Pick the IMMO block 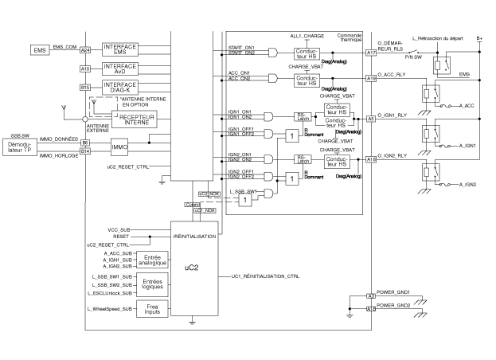(119, 147)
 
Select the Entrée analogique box (150, 259)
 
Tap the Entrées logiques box (150, 284)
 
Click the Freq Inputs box (150, 308)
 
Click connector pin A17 (371, 53)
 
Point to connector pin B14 (85, 151)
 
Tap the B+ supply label (479, 37)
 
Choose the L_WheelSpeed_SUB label (109, 308)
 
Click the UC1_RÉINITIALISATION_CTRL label (265, 276)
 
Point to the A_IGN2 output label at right (471, 184)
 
